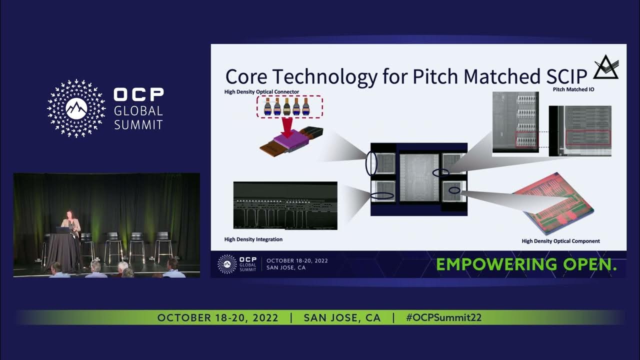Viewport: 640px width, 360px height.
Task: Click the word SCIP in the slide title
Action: [563, 76]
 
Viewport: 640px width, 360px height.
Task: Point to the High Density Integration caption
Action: [253, 239]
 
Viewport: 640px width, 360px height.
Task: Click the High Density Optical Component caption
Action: [560, 241]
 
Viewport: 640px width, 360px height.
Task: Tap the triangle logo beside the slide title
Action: [605, 67]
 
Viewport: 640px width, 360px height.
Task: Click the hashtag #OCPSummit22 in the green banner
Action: [443, 318]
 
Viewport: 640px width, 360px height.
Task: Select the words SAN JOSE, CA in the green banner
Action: [342, 318]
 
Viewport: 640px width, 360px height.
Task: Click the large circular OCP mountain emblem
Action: [76, 108]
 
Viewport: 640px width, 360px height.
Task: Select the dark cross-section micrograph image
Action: [285, 205]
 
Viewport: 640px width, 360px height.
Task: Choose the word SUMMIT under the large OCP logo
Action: [138, 124]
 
